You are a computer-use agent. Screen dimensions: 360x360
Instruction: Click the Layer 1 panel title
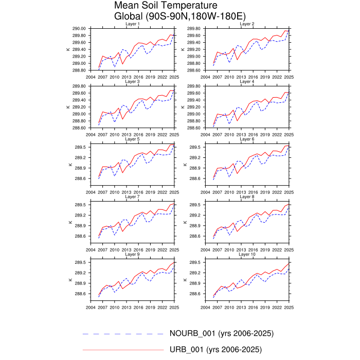coord(132,24)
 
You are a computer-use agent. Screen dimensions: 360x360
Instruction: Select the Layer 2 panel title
coord(247,24)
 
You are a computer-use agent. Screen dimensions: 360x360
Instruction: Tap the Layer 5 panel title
coord(132,139)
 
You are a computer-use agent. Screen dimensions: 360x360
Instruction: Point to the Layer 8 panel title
coord(247,196)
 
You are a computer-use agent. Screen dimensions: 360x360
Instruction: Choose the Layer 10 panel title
coord(247,254)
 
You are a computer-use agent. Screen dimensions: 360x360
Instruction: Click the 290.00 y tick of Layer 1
coord(79,28)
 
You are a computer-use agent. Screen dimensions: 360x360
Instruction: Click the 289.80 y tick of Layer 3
coord(79,86)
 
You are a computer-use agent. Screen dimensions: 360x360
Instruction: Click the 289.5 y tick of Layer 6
coord(195,147)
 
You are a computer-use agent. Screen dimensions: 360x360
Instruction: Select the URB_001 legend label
coord(215,350)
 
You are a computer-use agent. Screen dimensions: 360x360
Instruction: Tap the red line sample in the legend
coord(122,350)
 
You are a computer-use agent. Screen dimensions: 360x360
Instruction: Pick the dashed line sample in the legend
coord(122,334)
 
